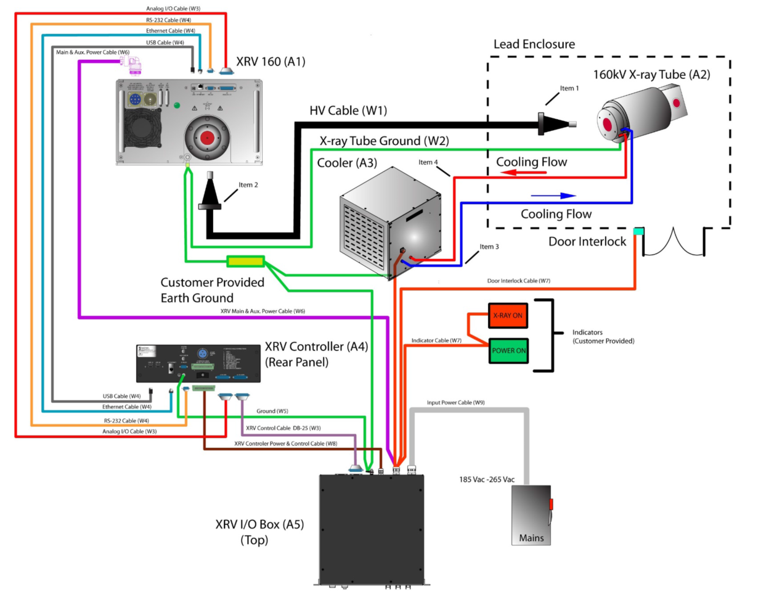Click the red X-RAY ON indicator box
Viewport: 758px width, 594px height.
[x=508, y=315]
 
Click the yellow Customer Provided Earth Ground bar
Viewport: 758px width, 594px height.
[x=245, y=261]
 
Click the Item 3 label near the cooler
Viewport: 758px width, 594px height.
[x=490, y=247]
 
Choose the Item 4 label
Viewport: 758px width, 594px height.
[x=428, y=162]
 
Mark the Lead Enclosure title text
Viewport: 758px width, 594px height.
[x=534, y=44]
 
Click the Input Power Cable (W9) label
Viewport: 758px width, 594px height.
[x=455, y=402]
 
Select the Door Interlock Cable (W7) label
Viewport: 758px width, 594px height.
[x=518, y=281]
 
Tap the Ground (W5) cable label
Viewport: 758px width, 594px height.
[x=272, y=411]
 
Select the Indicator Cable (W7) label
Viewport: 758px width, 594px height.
[x=437, y=340]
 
